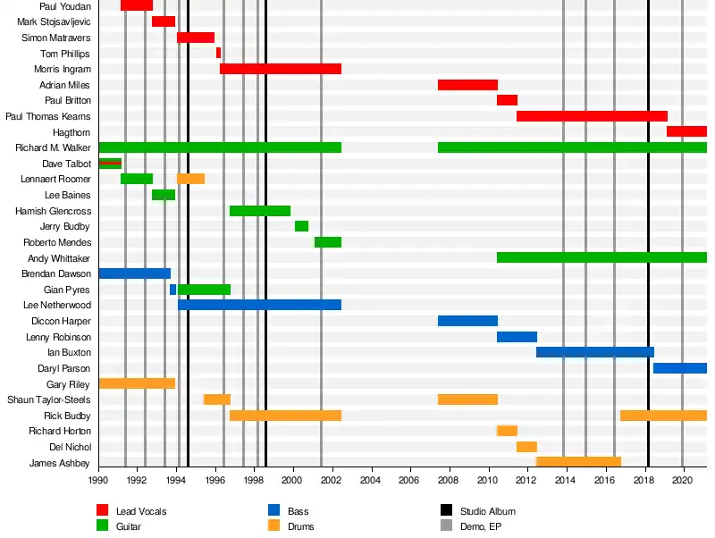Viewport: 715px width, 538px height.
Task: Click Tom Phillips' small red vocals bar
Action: pyautogui.click(x=218, y=53)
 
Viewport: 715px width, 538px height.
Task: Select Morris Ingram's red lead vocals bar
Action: pyautogui.click(x=281, y=69)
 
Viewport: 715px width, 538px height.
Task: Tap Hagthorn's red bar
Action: pyautogui.click(x=686, y=131)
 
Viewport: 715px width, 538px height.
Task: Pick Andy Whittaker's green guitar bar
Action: pyautogui.click(x=601, y=257)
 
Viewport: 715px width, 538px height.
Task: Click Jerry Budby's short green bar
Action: pyautogui.click(x=301, y=226)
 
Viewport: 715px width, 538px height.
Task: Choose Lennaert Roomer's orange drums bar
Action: pyautogui.click(x=190, y=179)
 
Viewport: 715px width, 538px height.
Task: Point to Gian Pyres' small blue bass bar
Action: pyautogui.click(x=172, y=290)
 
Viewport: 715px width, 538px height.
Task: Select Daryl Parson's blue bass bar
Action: pyautogui.click(x=680, y=368)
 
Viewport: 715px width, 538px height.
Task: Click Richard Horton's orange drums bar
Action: pyautogui.click(x=507, y=431)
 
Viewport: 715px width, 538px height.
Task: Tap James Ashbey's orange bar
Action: pyautogui.click(x=578, y=461)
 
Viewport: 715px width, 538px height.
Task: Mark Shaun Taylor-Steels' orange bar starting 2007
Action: pyautogui.click(x=467, y=399)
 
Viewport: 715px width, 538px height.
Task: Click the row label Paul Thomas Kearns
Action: pyautogui.click(x=48, y=116)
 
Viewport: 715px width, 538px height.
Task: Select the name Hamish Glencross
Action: pyautogui.click(x=53, y=211)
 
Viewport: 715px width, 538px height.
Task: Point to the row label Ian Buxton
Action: pyautogui.click(x=69, y=352)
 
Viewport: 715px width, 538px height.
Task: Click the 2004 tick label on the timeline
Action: pyautogui.click(x=370, y=480)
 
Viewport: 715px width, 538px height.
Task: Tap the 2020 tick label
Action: pyautogui.click(x=682, y=480)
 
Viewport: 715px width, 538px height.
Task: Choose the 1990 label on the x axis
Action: pyautogui.click(x=98, y=480)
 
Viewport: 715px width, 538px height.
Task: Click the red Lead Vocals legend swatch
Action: pyautogui.click(x=103, y=510)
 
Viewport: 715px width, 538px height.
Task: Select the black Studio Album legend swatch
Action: pyautogui.click(x=446, y=510)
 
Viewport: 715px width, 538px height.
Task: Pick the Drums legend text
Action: pyautogui.click(x=300, y=526)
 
